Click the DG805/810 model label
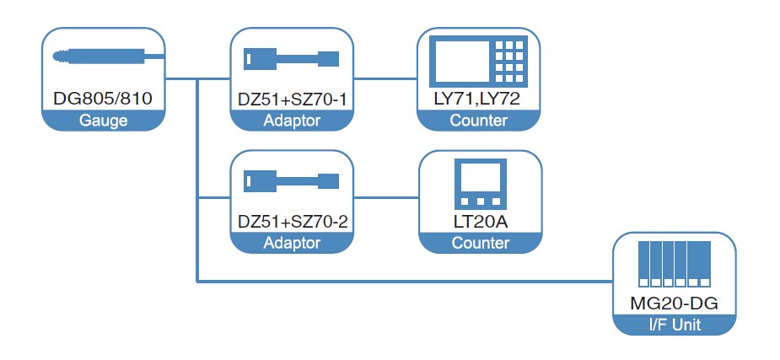pos(102,99)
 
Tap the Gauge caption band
pos(103,121)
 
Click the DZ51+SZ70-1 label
pos(292,99)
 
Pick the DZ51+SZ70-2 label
pos(292,223)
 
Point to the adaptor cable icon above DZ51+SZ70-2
pos(292,181)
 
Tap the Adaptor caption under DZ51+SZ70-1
pos(292,121)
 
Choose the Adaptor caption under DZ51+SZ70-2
pos(292,244)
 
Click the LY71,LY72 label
pos(478,99)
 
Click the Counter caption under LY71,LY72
pos(478,121)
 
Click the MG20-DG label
pos(675,303)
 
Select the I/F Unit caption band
pos(675,325)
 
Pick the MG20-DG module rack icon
pos(675,262)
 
